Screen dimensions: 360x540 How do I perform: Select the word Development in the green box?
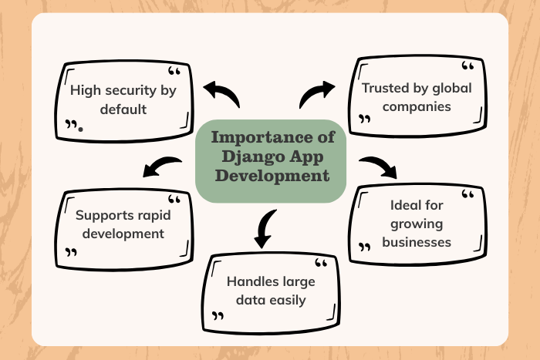pos(272,175)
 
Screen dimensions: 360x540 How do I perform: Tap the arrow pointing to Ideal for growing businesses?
pos(379,167)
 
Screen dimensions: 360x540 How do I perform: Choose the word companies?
pos(417,106)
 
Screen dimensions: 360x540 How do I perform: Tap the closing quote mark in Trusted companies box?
pos(366,119)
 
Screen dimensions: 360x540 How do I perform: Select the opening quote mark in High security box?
pos(174,72)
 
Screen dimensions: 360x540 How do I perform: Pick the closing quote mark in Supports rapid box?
pos(72,251)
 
